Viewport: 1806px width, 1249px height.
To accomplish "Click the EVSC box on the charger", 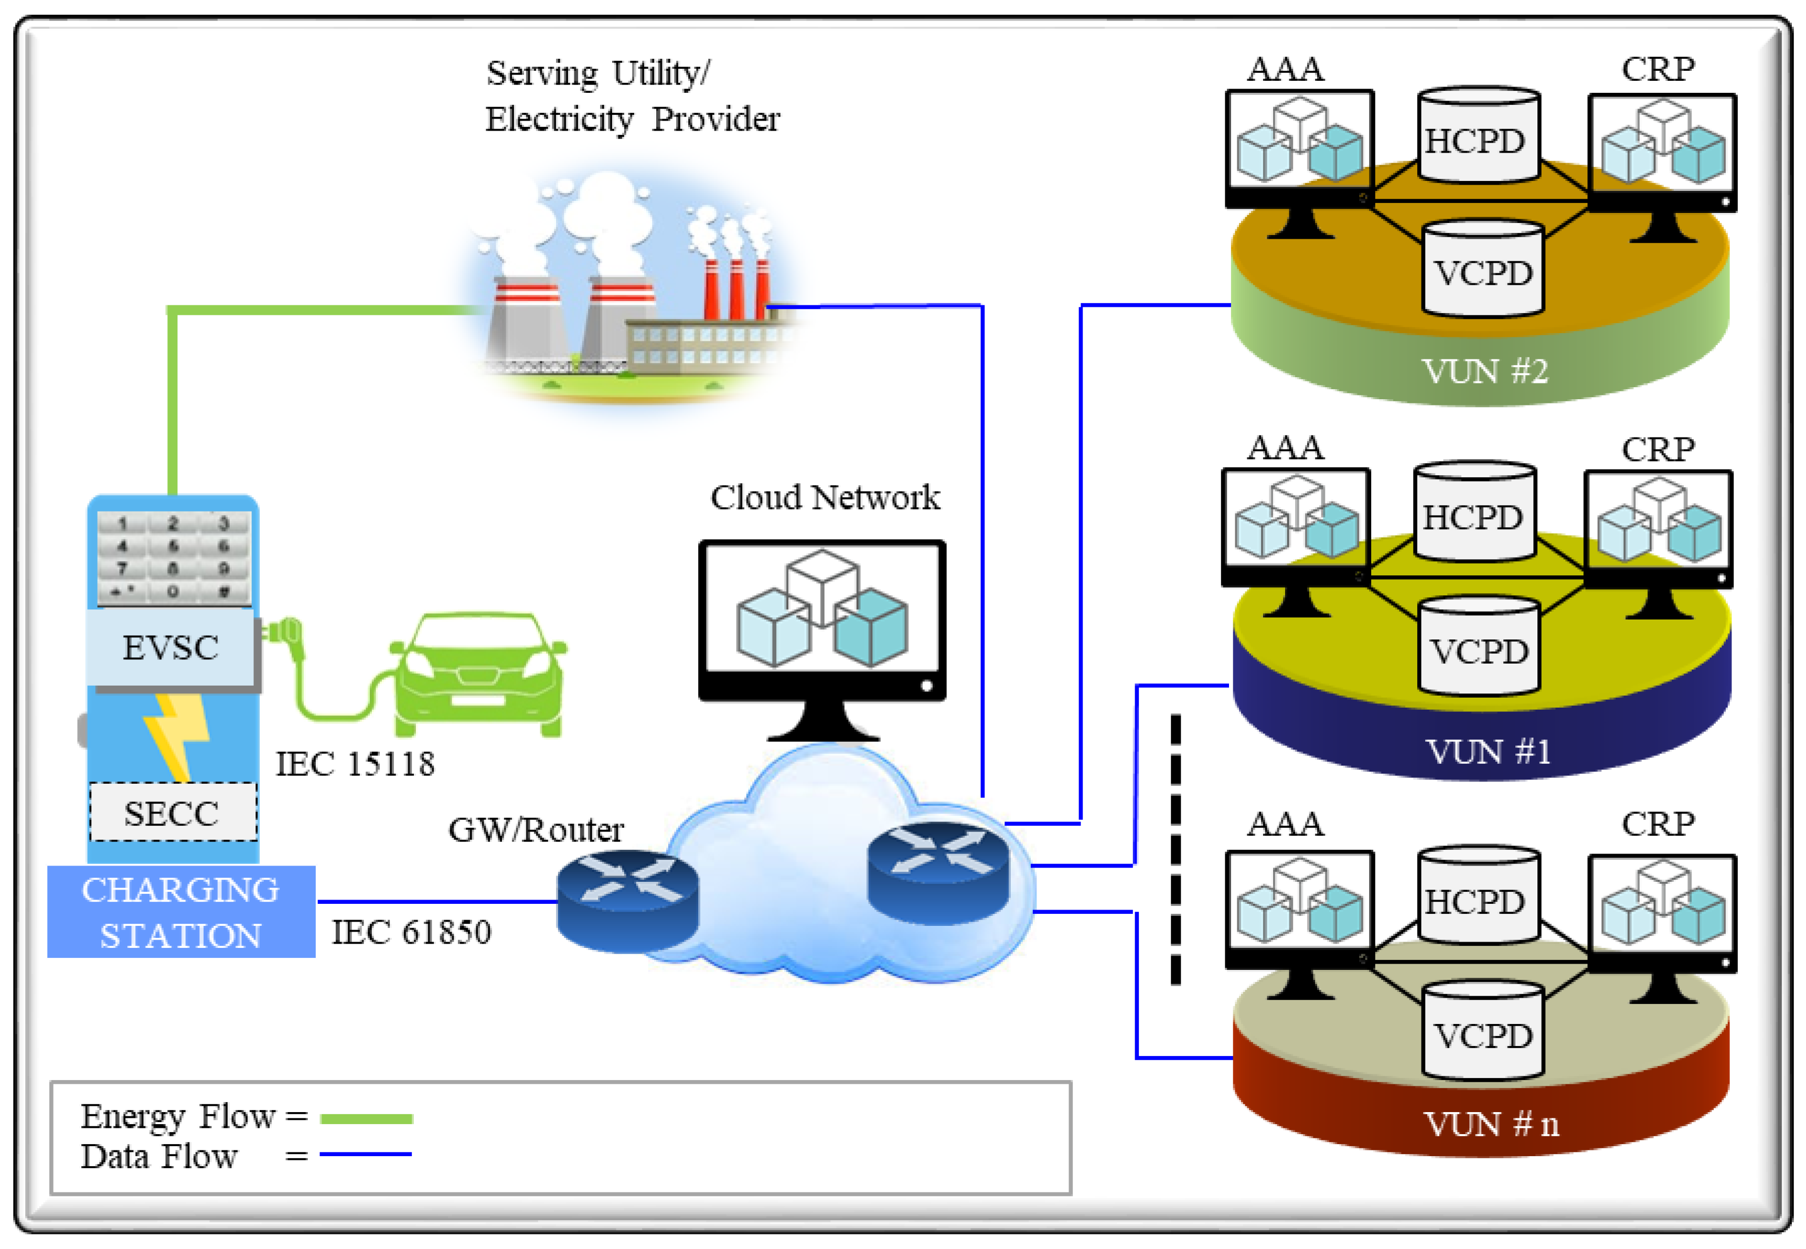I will point(170,648).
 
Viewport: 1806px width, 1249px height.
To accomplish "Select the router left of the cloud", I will point(627,900).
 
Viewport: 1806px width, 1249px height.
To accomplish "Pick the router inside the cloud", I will point(938,872).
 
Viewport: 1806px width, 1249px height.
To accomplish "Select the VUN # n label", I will point(1491,1125).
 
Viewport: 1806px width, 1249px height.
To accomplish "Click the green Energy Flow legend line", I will point(366,1119).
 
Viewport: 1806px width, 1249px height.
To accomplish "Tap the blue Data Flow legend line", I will point(366,1154).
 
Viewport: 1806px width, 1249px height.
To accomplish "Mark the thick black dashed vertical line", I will point(1175,849).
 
